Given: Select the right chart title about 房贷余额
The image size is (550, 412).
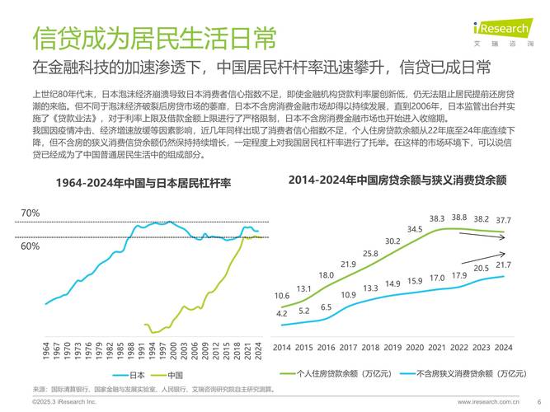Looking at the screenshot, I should (397, 179).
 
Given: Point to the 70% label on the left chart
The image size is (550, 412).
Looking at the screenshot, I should (30, 213).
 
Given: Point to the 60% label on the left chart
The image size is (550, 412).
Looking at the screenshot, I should (30, 246).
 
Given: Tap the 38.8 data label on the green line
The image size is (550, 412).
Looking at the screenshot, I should (458, 218).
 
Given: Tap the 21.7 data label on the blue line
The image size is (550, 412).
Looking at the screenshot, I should (503, 265).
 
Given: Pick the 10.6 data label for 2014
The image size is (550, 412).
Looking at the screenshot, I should (282, 295).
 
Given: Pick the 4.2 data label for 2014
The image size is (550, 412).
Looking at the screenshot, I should (282, 314).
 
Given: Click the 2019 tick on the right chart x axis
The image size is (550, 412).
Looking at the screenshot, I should (393, 347).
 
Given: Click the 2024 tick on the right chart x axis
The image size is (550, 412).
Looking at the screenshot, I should (503, 347).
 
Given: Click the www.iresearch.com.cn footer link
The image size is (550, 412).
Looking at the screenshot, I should (487, 401).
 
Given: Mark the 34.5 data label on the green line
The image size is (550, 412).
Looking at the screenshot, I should (415, 229).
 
